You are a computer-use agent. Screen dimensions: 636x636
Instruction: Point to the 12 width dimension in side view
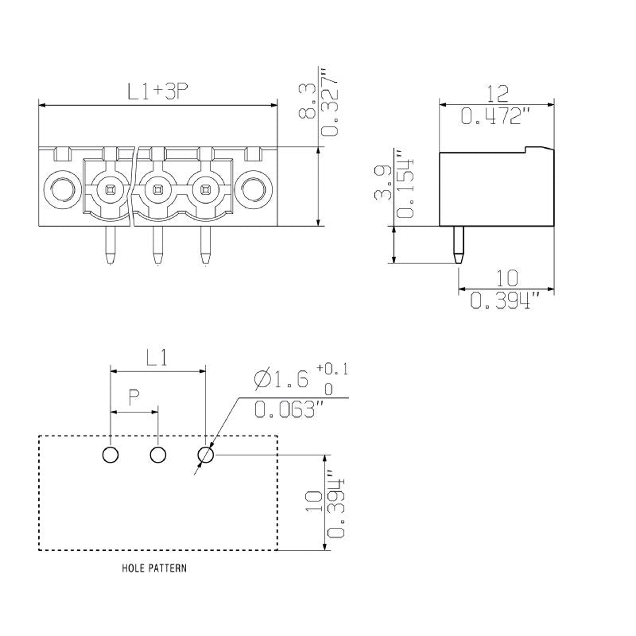pos(497,93)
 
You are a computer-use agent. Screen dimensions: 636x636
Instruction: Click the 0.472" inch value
pos(497,117)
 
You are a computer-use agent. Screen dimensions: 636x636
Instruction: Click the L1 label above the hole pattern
pos(157,358)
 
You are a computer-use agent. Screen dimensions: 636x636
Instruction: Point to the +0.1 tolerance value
pos(332,369)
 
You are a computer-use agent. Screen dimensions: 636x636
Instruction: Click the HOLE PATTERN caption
pos(155,569)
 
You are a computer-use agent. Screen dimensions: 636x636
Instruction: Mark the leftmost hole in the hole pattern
pos(111,455)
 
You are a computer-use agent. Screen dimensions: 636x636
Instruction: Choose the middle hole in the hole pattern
pos(158,455)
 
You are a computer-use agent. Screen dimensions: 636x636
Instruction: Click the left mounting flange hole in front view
pos(61,189)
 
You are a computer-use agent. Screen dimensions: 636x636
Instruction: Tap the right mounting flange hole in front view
pos(254,189)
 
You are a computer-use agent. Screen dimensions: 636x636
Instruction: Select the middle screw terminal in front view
pos(157,189)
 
